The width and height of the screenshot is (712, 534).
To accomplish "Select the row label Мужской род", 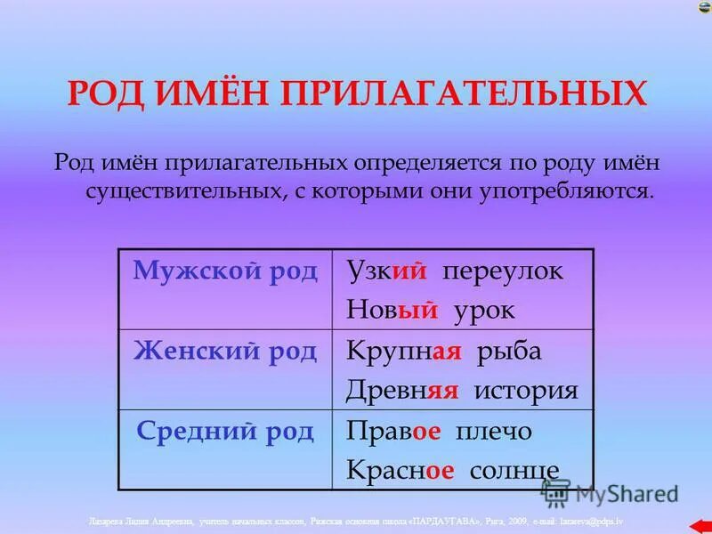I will (x=225, y=271).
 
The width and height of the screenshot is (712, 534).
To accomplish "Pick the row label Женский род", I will (x=225, y=352).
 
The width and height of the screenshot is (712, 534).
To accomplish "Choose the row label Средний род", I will (x=225, y=432).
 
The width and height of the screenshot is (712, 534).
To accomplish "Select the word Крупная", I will (x=403, y=352).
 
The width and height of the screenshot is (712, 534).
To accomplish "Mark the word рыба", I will (x=508, y=352).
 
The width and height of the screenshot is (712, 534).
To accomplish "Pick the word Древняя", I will (x=402, y=391).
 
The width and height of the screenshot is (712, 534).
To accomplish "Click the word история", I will (x=527, y=391).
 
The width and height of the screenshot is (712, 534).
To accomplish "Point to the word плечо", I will (x=494, y=432).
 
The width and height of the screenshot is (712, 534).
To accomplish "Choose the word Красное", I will (x=400, y=470).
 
